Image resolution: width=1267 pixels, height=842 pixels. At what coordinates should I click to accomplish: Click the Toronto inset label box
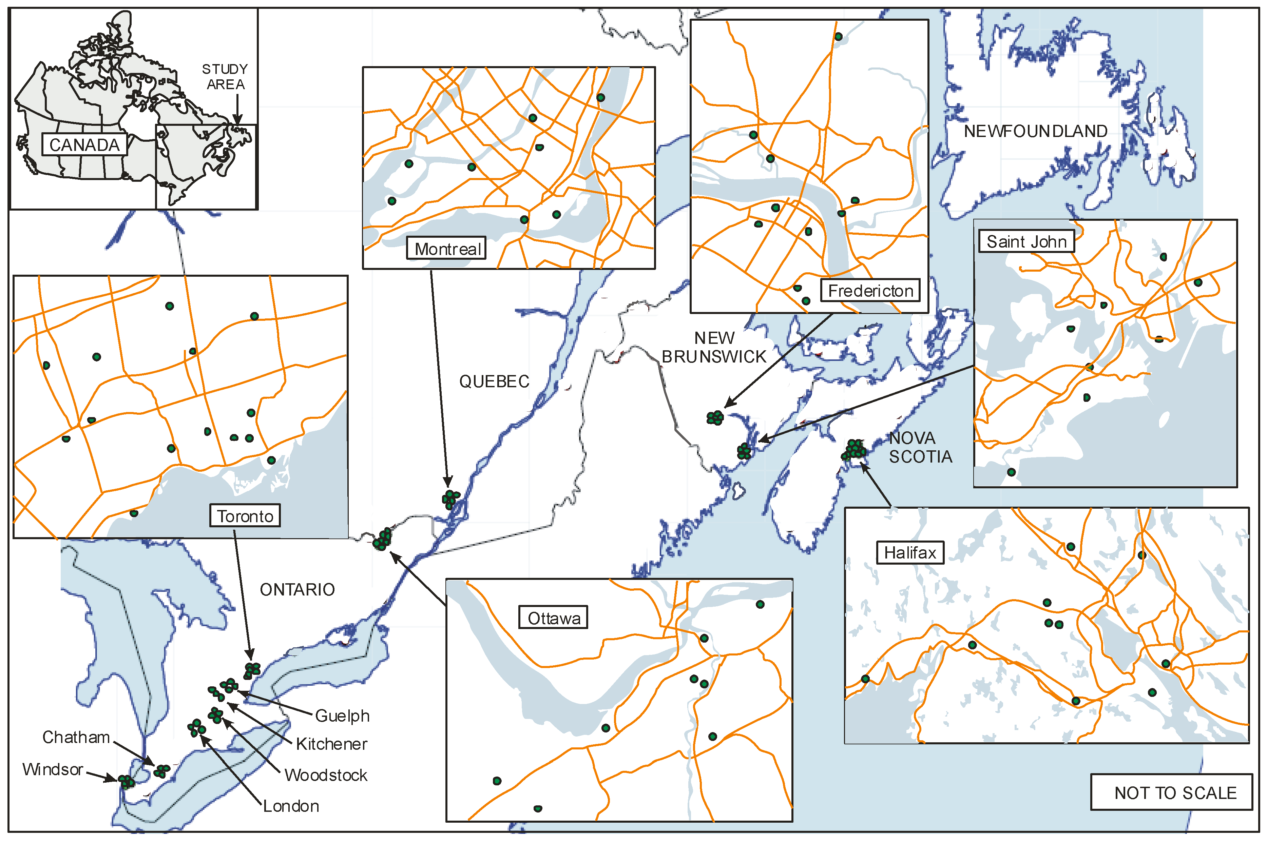click(245, 516)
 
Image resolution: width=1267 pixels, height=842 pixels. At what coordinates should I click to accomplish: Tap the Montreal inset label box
click(446, 249)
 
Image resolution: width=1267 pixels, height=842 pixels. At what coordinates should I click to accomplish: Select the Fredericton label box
click(870, 291)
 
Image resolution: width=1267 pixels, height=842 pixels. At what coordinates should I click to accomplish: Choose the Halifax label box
click(910, 552)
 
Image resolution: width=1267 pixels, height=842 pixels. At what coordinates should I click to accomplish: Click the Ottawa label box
click(553, 618)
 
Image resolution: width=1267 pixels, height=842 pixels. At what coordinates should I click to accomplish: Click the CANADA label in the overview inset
click(84, 145)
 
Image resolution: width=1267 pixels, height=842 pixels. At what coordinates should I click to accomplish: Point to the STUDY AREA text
click(225, 77)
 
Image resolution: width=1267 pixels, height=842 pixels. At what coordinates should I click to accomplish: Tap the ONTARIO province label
click(297, 590)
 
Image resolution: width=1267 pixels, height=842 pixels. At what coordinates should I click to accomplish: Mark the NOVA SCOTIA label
click(920, 447)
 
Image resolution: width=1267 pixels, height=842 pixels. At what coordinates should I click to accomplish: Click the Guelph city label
click(342, 716)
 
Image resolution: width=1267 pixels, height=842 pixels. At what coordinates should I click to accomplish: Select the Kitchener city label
click(331, 744)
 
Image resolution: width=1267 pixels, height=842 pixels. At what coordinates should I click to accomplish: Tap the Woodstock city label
click(325, 775)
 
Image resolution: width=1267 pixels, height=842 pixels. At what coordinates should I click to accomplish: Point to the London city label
click(291, 806)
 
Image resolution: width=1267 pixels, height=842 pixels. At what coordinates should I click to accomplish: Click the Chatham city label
click(76, 737)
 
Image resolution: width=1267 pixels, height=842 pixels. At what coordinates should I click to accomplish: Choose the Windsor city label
click(53, 769)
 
